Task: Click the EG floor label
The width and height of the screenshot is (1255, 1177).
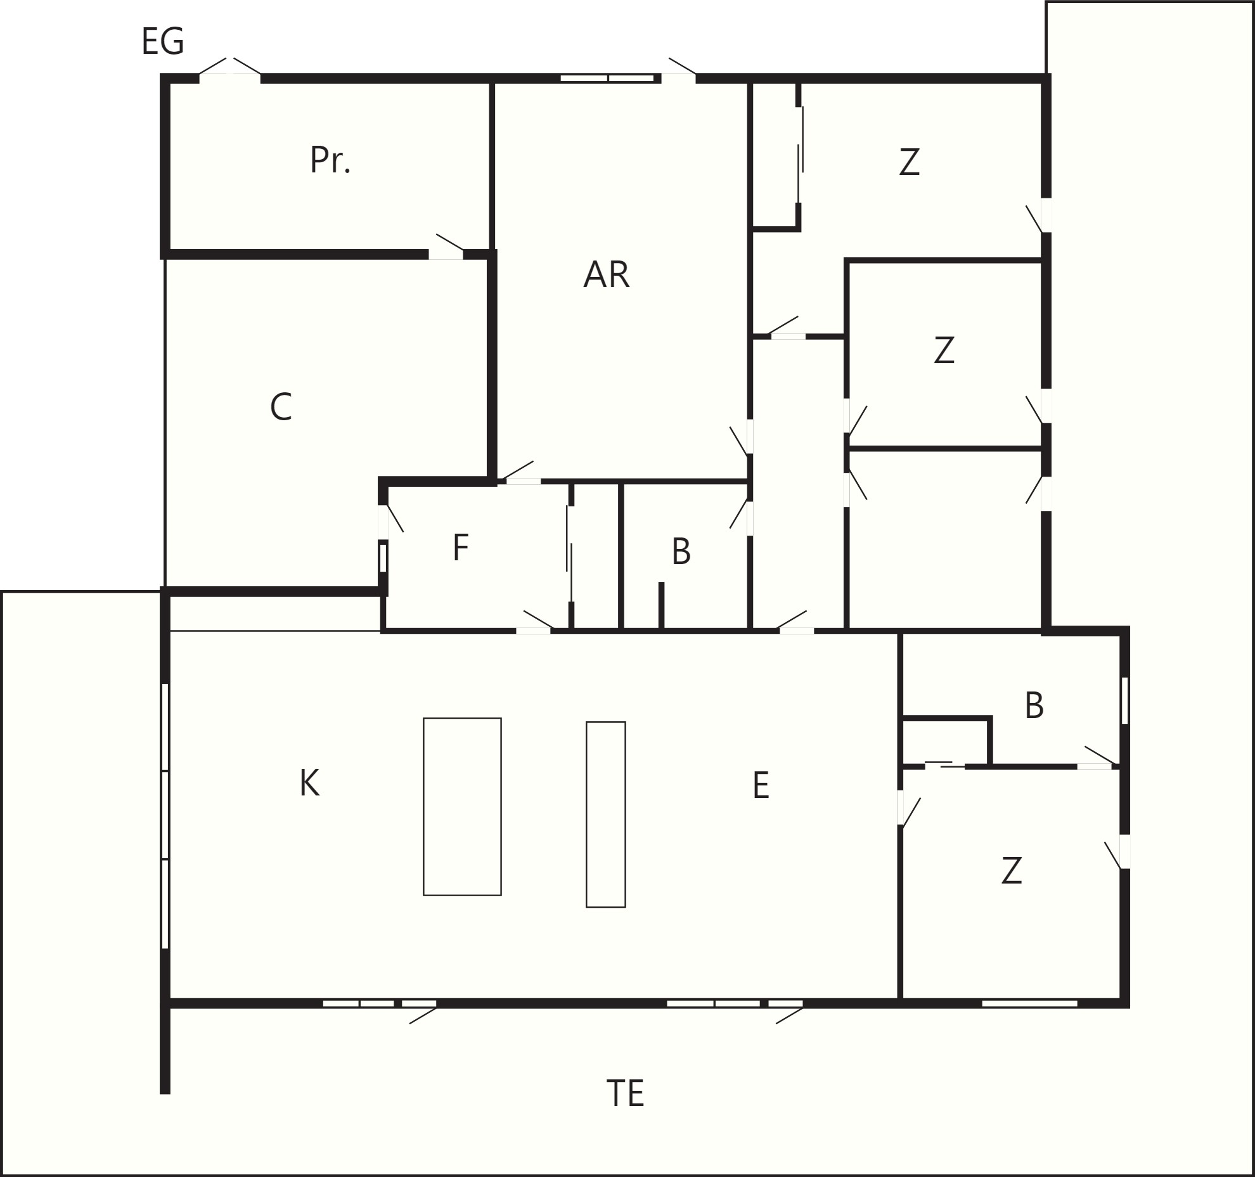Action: [163, 42]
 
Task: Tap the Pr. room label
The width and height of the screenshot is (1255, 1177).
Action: [330, 160]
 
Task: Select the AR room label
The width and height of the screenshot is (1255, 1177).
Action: [607, 275]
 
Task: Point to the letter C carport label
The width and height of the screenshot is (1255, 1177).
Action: [281, 407]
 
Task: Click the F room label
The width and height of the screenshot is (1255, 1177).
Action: [461, 548]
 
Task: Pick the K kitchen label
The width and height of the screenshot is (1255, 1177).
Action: [309, 783]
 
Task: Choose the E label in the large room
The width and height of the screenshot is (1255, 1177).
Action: [761, 785]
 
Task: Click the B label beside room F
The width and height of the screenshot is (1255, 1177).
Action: [681, 551]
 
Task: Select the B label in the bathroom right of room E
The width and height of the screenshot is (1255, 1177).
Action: [1034, 705]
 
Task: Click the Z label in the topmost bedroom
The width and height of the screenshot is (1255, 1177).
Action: [910, 162]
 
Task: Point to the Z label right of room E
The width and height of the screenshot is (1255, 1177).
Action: [1012, 870]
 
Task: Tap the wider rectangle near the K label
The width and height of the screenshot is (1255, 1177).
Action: [462, 807]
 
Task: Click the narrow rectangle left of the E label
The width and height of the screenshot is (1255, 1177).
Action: [606, 814]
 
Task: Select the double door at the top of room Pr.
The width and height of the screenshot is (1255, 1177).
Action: [230, 70]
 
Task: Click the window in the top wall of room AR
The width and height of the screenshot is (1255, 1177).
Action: [607, 79]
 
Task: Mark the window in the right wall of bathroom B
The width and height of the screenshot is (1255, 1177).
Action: [1125, 700]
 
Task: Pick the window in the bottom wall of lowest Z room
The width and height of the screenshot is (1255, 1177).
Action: [1029, 1003]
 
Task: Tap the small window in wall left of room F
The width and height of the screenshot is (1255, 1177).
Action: [383, 558]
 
